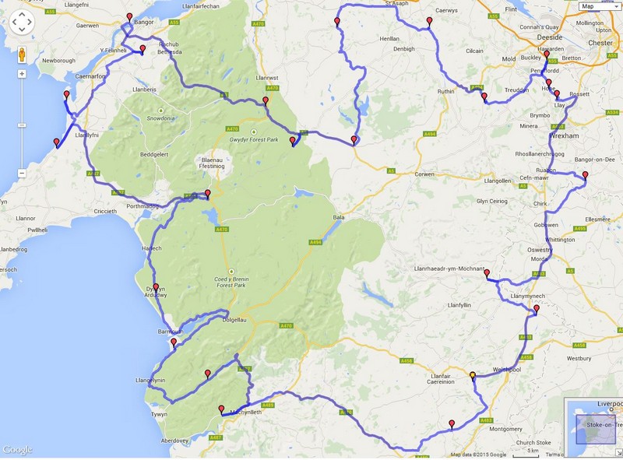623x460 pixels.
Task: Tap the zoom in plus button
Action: [22, 74]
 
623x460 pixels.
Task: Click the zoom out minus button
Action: [22, 173]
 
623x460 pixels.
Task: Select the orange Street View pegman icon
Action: [22, 54]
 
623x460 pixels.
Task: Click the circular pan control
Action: [22, 22]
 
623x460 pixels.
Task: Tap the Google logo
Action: [17, 450]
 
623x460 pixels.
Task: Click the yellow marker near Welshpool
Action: [472, 376]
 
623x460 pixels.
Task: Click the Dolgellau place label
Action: [239, 319]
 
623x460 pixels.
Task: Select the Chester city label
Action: [600, 43]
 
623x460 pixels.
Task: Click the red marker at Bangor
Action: [129, 16]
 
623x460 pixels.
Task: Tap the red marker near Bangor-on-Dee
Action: [585, 175]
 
